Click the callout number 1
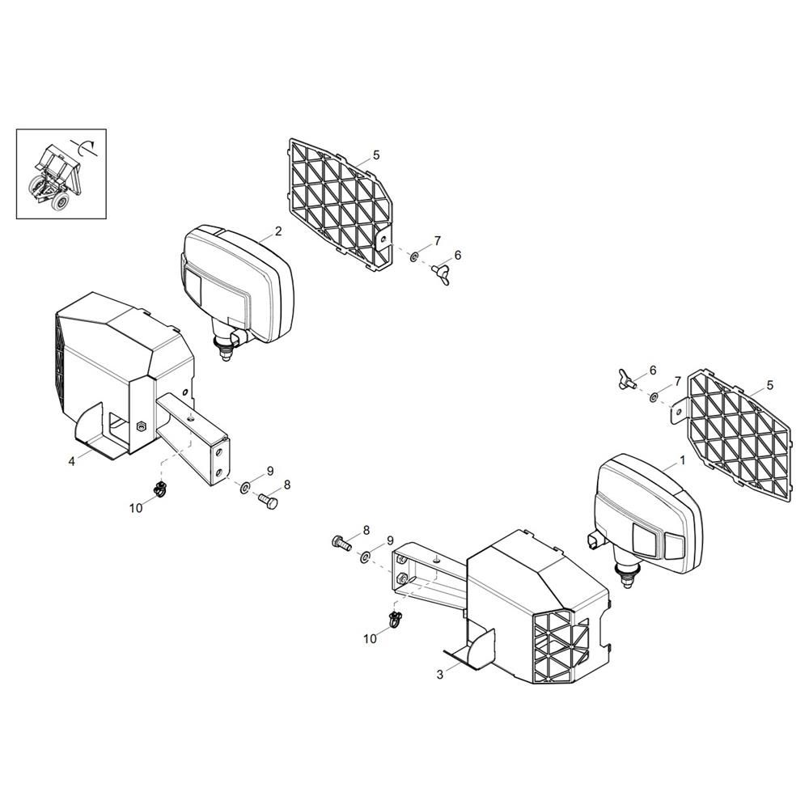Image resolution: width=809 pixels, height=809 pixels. [683, 460]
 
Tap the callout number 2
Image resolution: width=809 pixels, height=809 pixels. [278, 231]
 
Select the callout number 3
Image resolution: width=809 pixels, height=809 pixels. [439, 675]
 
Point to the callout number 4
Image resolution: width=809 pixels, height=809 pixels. [72, 461]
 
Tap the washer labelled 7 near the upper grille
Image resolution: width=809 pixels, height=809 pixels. [413, 256]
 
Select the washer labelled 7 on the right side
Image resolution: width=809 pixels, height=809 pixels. [654, 397]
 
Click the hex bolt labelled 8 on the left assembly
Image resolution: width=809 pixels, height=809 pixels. [267, 501]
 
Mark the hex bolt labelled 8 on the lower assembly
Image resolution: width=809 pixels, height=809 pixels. [341, 542]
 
